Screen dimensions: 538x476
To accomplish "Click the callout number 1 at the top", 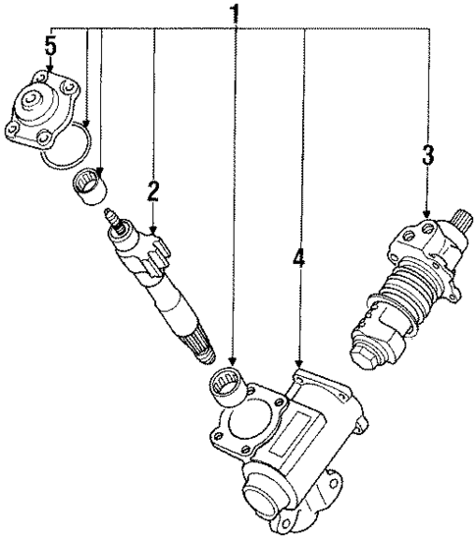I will tap(235, 14).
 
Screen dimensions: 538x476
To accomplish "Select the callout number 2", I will tap(152, 190).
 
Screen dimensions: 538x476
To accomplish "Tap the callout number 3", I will tap(427, 156).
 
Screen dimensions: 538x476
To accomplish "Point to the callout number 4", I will tap(298, 259).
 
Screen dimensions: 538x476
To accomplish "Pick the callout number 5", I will tap(51, 47).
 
